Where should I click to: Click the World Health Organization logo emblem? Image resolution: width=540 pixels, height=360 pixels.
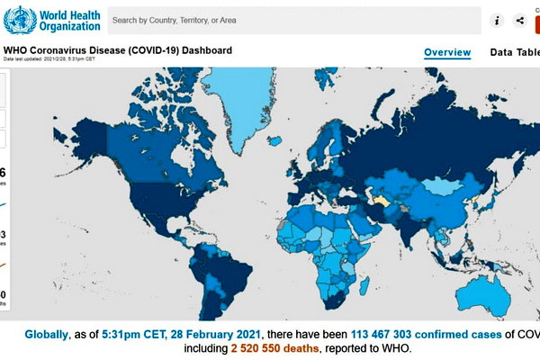click(x=21, y=20)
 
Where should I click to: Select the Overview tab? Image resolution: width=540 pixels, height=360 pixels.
click(x=447, y=52)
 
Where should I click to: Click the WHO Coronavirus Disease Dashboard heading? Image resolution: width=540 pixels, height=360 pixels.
click(x=119, y=50)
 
